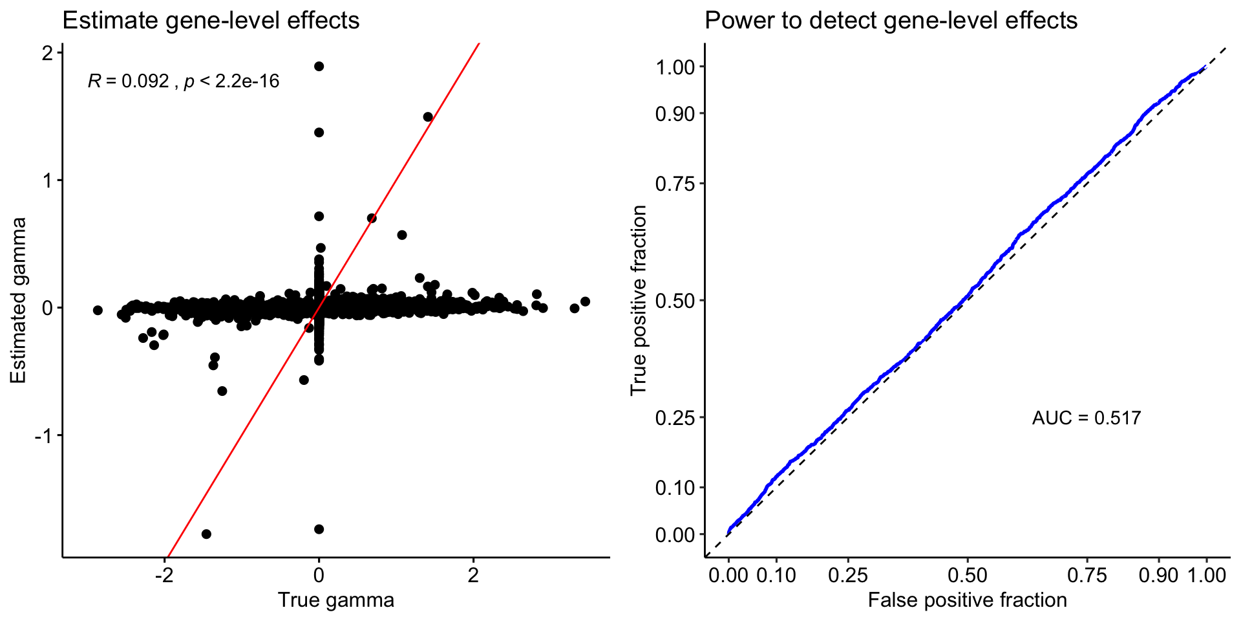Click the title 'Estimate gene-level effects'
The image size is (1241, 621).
(211, 21)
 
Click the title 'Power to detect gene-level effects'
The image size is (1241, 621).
(891, 21)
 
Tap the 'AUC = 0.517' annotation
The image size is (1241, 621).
(1086, 418)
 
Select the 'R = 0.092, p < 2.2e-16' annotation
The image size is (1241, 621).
(184, 82)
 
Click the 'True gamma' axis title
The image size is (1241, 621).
(335, 600)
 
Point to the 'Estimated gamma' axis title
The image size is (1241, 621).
(18, 301)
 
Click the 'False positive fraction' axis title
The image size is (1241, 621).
(967, 600)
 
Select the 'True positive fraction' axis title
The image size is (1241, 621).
(639, 301)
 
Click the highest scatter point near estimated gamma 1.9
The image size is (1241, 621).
(319, 66)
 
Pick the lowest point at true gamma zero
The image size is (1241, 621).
(319, 529)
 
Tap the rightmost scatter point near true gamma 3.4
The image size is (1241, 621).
(585, 301)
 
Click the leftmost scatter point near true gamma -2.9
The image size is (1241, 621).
(98, 310)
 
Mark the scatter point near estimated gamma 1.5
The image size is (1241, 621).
(428, 117)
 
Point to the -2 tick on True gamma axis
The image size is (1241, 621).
(164, 575)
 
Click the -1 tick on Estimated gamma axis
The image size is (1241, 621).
(43, 436)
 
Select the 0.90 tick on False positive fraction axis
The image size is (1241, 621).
(1158, 575)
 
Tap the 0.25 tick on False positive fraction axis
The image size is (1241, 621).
(848, 575)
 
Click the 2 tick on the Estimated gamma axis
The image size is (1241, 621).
(48, 53)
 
